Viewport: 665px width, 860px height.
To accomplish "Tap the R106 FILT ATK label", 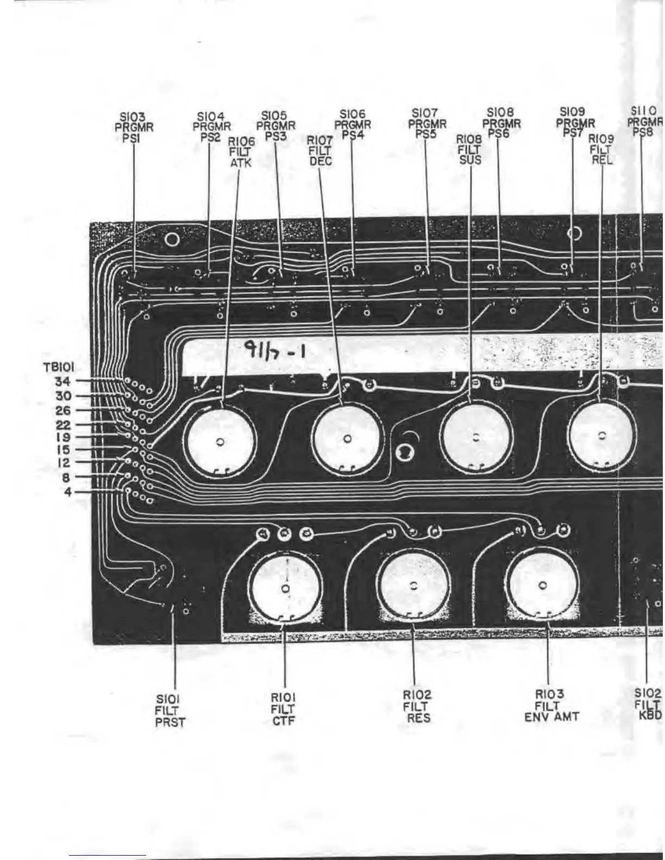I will (x=239, y=152).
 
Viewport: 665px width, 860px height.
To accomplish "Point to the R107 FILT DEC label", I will (x=321, y=150).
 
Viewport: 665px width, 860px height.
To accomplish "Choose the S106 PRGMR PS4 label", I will (x=352, y=124).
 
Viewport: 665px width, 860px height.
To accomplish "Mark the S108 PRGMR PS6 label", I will (x=501, y=123).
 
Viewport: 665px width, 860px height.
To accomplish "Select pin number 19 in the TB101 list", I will (x=63, y=437).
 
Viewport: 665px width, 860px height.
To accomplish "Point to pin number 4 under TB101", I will (x=67, y=493).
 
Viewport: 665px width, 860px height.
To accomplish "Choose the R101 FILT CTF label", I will (x=283, y=709).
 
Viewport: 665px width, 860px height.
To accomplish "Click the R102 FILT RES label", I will (x=416, y=706).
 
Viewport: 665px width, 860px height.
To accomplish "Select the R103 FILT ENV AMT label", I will (x=550, y=705).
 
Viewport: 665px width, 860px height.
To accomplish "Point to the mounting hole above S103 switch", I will (x=172, y=238).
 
